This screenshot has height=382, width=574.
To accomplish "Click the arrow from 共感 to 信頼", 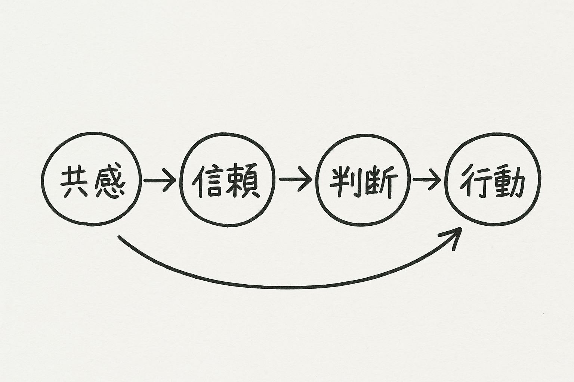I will click(x=160, y=180).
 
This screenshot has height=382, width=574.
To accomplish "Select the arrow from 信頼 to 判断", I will click(x=295, y=180).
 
